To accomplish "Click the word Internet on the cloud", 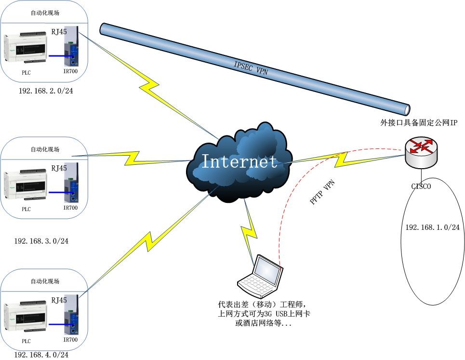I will [x=239, y=161].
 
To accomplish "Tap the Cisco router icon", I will [x=421, y=150].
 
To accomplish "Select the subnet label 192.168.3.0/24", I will [x=41, y=241].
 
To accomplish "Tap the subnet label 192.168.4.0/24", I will [x=41, y=354].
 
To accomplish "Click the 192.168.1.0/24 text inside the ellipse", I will [x=432, y=227].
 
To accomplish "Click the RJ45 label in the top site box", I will [x=59, y=32].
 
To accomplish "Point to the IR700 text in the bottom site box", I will [x=70, y=340].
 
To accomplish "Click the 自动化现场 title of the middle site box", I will [x=45, y=149].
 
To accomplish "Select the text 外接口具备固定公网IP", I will [x=418, y=123].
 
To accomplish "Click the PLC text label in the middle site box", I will [x=26, y=209].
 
